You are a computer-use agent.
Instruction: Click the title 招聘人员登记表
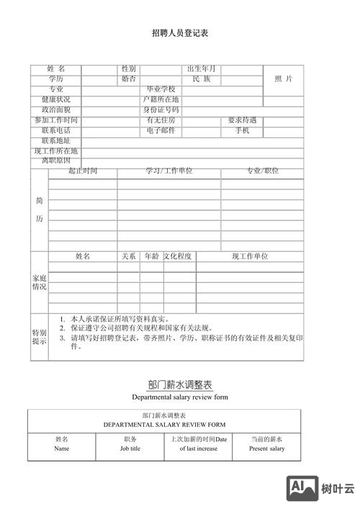pyautogui.click(x=180, y=33)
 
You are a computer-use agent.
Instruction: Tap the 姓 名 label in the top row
pyautogui.click(x=56, y=68)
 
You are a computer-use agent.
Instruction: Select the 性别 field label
pyautogui.click(x=129, y=68)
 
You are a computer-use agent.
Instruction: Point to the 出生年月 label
pyautogui.click(x=202, y=68)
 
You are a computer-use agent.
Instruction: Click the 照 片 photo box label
pyautogui.click(x=284, y=78)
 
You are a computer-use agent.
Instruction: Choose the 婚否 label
pyautogui.click(x=129, y=78)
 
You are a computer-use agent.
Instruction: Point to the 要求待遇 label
pyautogui.click(x=242, y=120)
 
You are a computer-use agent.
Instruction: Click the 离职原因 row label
pyautogui.click(x=56, y=161)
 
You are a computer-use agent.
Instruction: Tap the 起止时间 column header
pyautogui.click(x=83, y=171)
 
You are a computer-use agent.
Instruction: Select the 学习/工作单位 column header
pyautogui.click(x=169, y=171)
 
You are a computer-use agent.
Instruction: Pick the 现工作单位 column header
pyautogui.click(x=250, y=256)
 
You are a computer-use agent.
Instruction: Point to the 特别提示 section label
pyautogui.click(x=39, y=337)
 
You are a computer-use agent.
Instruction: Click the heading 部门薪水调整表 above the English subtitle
pyautogui.click(x=180, y=385)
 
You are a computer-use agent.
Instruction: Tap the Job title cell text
pyautogui.click(x=130, y=449)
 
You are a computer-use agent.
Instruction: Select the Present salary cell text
pyautogui.click(x=267, y=449)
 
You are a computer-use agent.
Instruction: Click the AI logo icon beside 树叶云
pyautogui.click(x=302, y=489)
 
